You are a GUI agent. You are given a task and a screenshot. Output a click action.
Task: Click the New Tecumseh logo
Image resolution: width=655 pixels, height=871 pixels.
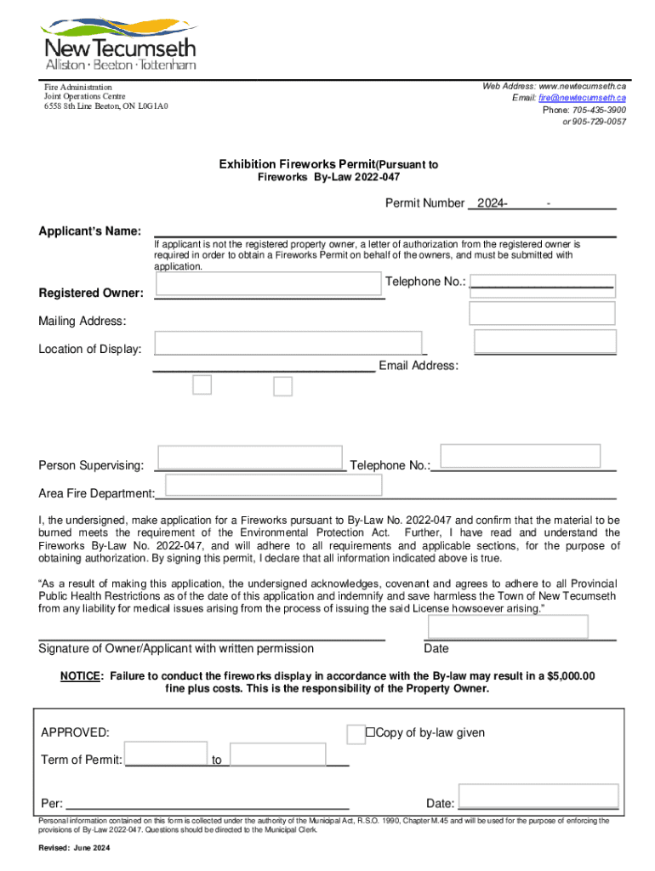point(119,43)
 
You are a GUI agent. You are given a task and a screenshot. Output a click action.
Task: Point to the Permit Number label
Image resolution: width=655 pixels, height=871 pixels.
point(424,204)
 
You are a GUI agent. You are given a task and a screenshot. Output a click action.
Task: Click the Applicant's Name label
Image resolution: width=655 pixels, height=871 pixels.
point(89,232)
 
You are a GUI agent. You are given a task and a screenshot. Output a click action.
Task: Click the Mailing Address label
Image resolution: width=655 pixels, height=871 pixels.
point(82,321)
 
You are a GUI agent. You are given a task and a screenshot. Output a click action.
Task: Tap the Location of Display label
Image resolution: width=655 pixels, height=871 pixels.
point(89,349)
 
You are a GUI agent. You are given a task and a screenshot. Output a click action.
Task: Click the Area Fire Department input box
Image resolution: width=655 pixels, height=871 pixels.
point(274,485)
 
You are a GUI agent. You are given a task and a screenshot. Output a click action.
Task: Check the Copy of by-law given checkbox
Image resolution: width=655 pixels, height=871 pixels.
point(356,734)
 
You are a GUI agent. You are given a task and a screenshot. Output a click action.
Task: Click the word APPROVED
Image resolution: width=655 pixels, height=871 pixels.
point(75,733)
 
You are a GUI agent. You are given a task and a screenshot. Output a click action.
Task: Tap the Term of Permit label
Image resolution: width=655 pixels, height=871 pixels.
point(81,760)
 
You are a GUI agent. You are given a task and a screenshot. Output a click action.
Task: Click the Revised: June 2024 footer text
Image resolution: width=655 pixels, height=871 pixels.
point(74,849)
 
